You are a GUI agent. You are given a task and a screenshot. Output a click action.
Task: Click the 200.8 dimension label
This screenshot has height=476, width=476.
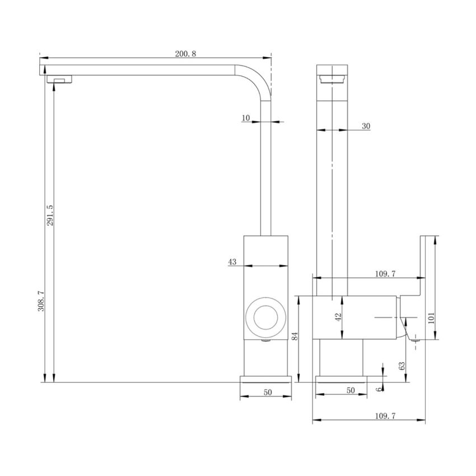pos(185,53)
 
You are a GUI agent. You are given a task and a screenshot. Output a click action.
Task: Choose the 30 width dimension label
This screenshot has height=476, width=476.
pos(365,127)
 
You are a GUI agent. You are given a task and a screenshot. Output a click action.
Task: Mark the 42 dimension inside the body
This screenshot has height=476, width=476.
pos(338,317)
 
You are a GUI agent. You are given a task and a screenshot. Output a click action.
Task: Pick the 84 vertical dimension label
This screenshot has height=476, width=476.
pos(295,337)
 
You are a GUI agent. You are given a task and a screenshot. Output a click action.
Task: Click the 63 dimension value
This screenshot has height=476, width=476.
pos(402,366)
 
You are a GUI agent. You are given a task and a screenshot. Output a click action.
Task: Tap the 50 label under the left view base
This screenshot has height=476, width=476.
pos(267,392)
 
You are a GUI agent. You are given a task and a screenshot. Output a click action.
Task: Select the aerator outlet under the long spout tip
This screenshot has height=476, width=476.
pos(59,80)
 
